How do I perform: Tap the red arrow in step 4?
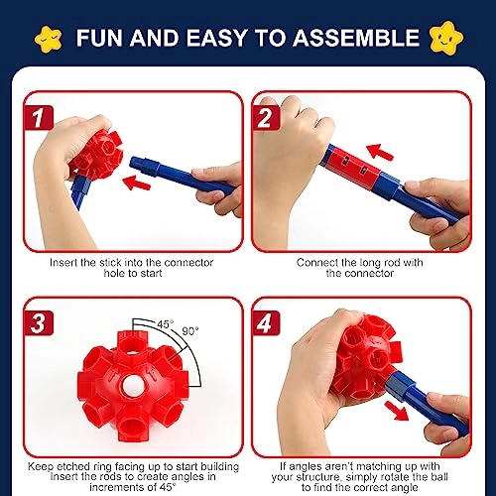[396, 406]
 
